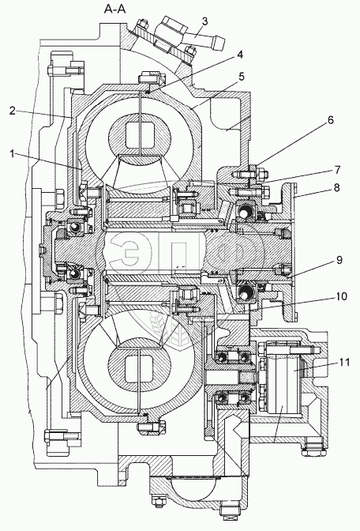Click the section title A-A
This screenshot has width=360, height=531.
[114, 9]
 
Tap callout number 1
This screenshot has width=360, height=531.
[12, 154]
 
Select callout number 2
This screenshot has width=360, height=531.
[12, 111]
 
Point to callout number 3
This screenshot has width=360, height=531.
[204, 21]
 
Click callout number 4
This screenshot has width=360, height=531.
[240, 55]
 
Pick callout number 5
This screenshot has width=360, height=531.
[241, 77]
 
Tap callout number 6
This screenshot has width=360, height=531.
[330, 120]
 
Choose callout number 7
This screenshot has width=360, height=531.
[337, 170]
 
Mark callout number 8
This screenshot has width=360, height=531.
[336, 187]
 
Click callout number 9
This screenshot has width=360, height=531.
[339, 260]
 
